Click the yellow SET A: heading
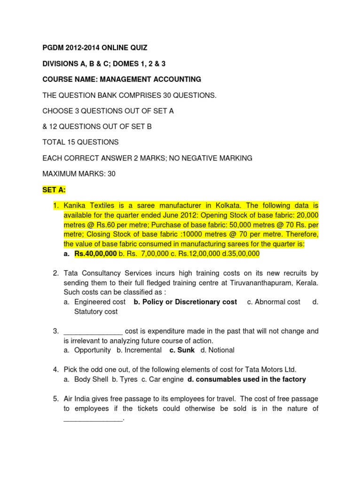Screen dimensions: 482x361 [x=54, y=190]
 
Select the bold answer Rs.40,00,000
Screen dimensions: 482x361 [x=95, y=254]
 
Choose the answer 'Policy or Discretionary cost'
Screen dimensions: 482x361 [x=185, y=302]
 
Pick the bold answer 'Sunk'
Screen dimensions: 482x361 [x=182, y=350]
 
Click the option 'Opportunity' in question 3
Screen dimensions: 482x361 [x=93, y=350]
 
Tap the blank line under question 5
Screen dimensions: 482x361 [x=93, y=419]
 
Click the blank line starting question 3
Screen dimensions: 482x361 [x=93, y=331]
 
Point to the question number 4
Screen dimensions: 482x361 [x=55, y=370]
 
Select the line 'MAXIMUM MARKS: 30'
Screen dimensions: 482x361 [x=79, y=174]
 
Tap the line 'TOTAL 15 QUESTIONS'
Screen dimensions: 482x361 [x=80, y=142]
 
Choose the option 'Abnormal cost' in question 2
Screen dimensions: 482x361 [x=274, y=302]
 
